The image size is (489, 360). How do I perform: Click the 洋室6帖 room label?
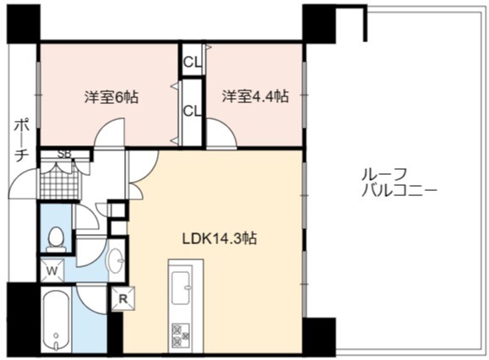point(111,97)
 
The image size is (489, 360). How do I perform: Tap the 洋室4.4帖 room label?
point(255,96)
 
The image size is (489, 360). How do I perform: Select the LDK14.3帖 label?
point(220,238)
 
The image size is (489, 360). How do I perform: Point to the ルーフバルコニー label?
point(399,183)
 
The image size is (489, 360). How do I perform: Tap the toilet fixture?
point(56,239)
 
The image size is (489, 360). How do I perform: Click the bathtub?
point(57,320)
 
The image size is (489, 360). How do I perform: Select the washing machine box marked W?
point(52,270)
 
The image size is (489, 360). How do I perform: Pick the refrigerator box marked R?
point(123,299)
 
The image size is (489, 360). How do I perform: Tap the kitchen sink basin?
point(181,287)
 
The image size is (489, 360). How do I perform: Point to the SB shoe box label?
point(65,154)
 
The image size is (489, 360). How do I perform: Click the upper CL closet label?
point(192,63)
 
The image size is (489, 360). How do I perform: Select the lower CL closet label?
point(192,111)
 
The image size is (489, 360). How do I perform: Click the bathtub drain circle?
point(56,335)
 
